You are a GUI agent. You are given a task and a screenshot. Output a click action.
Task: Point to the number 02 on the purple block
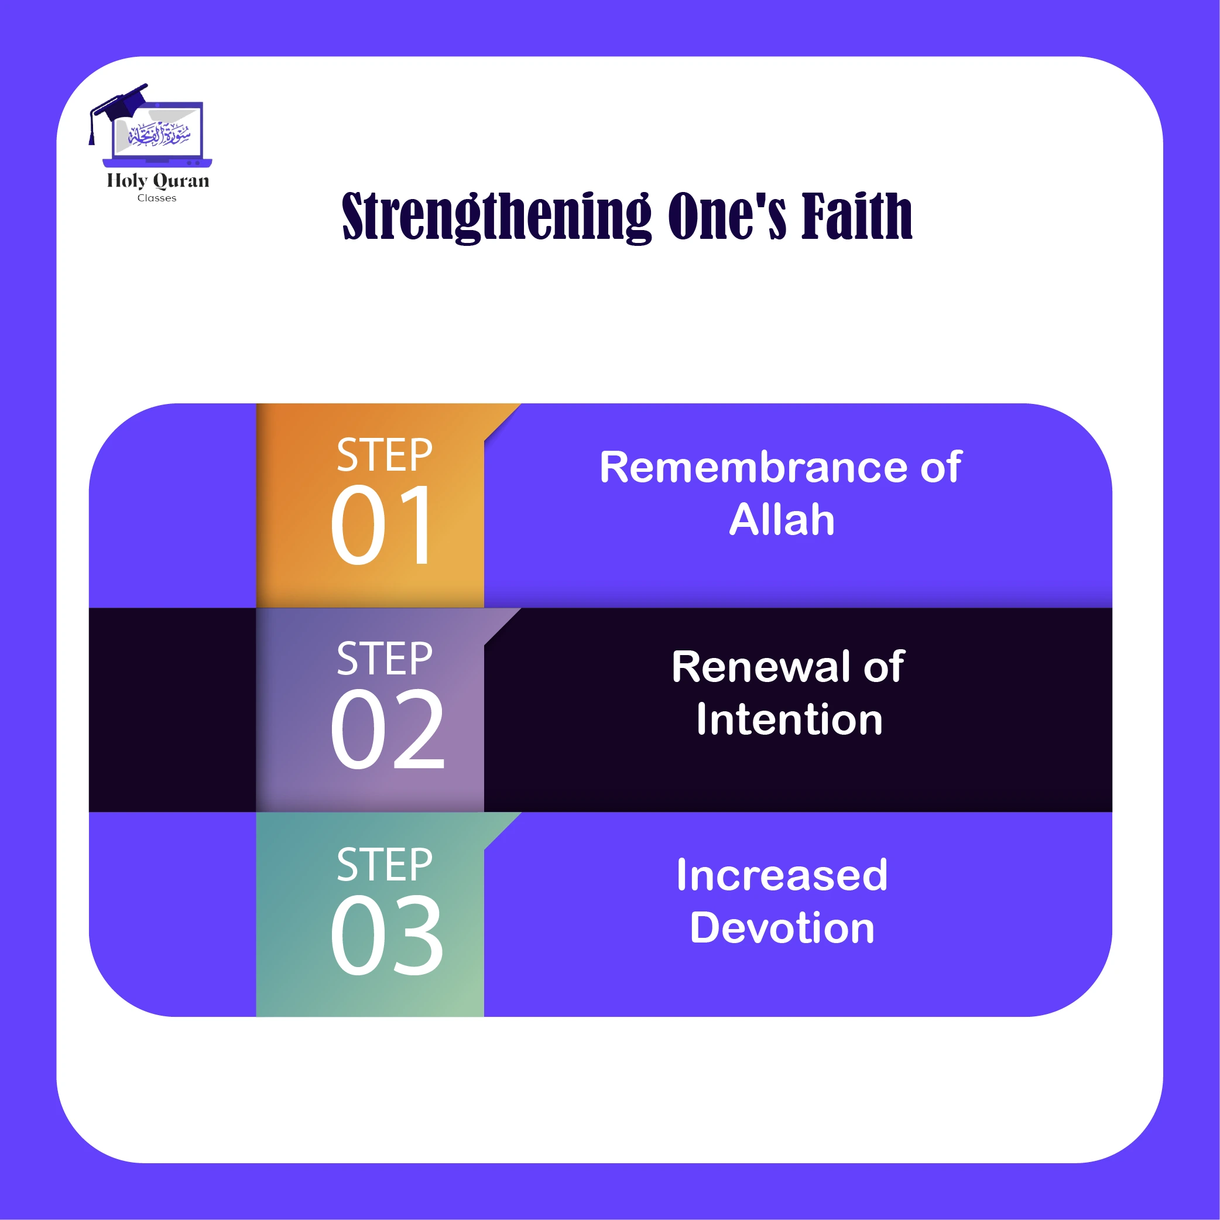(387, 730)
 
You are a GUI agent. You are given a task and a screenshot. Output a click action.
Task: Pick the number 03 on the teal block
(387, 935)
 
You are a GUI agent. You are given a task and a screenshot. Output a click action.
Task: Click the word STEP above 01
(384, 455)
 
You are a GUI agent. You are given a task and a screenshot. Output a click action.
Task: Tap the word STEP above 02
(384, 659)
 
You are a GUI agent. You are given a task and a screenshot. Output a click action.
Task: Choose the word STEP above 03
(384, 865)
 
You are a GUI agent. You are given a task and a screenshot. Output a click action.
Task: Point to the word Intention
(789, 720)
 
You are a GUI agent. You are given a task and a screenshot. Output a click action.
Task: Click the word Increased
(782, 875)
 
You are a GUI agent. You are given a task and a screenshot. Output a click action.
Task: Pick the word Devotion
(782, 928)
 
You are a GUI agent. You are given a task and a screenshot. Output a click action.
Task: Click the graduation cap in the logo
(123, 101)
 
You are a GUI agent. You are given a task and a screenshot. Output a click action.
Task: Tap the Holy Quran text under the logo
(158, 181)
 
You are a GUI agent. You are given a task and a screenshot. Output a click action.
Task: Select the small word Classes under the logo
(157, 198)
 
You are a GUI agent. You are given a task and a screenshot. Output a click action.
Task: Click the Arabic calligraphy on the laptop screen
(159, 134)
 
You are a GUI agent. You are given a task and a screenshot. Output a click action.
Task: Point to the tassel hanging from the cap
(92, 133)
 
